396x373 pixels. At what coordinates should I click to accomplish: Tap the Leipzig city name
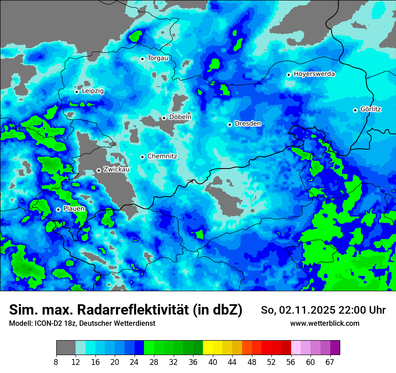93,91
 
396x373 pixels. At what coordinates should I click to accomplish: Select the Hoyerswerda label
314,74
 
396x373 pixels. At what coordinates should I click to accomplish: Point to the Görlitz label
371,109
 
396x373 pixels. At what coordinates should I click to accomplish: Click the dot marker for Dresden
229,124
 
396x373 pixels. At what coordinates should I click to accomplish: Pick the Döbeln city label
180,117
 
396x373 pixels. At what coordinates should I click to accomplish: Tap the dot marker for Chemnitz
142,157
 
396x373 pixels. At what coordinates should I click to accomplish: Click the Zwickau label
117,169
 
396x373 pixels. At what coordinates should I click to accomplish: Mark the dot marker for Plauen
58,209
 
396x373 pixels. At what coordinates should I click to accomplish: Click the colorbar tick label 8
56,362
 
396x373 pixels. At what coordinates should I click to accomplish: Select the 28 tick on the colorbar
154,362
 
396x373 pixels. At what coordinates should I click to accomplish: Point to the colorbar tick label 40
213,362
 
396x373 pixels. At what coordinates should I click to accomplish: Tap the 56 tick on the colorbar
291,362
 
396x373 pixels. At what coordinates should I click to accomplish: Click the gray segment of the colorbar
66,348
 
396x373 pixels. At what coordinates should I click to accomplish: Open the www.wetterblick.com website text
324,323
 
